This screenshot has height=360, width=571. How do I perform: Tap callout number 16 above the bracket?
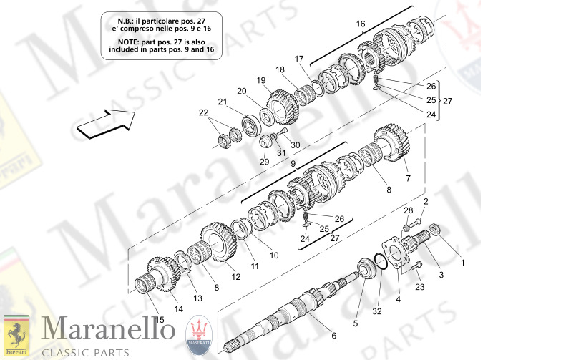point(361,24)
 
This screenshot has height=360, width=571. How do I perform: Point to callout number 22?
point(204,113)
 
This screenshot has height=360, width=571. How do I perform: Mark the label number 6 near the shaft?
point(333,336)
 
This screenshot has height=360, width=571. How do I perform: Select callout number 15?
point(160,318)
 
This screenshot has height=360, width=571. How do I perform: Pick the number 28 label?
point(408,210)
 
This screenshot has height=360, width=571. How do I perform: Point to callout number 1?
point(462,263)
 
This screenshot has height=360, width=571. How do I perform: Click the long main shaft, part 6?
point(286,311)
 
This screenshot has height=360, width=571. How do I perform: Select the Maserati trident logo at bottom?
point(200,334)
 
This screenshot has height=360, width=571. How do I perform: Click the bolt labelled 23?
point(417,266)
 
